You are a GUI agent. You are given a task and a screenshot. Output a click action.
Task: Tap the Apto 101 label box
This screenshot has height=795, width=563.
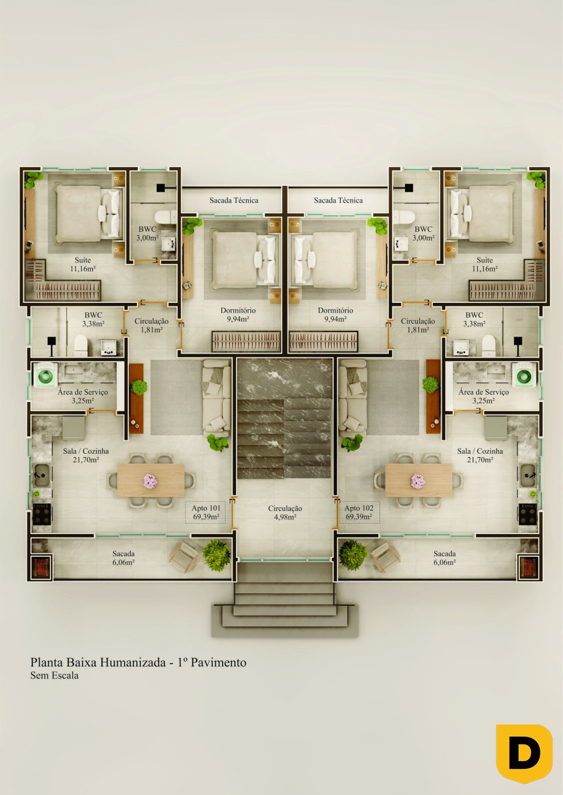tap(206, 513)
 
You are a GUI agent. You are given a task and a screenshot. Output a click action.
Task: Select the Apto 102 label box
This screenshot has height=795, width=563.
tap(359, 513)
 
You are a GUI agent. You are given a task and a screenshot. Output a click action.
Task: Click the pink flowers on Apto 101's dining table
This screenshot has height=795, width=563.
tap(150, 481)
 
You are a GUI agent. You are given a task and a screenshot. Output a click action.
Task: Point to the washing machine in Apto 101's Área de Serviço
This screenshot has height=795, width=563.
tap(45, 375)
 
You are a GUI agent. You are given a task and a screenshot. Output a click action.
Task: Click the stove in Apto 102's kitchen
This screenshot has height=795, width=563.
tap(528, 514)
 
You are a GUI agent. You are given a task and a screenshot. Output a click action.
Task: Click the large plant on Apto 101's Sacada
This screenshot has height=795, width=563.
tap(216, 556)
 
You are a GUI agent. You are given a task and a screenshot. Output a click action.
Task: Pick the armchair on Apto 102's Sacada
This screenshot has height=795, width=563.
tap(385, 557)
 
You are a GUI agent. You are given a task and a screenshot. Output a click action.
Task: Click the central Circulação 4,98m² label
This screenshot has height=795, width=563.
tap(285, 513)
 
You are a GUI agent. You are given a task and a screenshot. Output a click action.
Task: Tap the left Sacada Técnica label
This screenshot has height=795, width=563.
tap(234, 200)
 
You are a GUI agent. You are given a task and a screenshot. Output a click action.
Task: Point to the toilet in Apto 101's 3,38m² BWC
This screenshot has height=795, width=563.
tap(80, 345)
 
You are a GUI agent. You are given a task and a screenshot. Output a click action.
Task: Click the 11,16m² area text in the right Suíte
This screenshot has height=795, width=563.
tap(484, 269)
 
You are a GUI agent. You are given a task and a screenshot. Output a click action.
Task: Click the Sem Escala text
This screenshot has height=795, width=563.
tap(54, 676)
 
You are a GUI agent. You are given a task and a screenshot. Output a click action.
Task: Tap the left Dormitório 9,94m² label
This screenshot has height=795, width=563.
tap(238, 315)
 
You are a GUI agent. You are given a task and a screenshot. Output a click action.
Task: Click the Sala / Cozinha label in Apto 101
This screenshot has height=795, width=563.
tap(86, 451)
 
